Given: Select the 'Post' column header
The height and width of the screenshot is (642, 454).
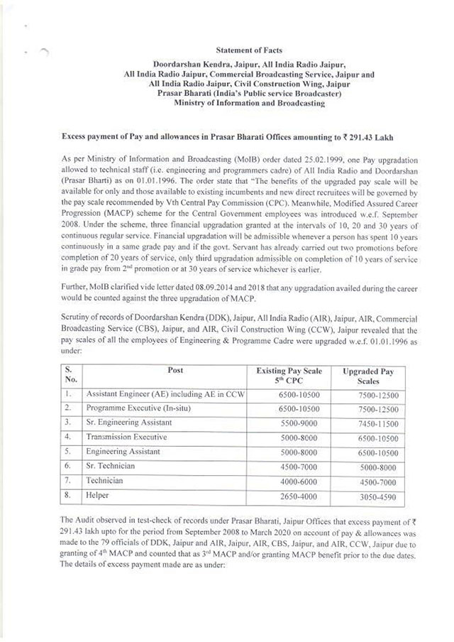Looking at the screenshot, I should [175, 371].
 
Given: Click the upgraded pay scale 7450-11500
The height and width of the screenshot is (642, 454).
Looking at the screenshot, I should [370, 424].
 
